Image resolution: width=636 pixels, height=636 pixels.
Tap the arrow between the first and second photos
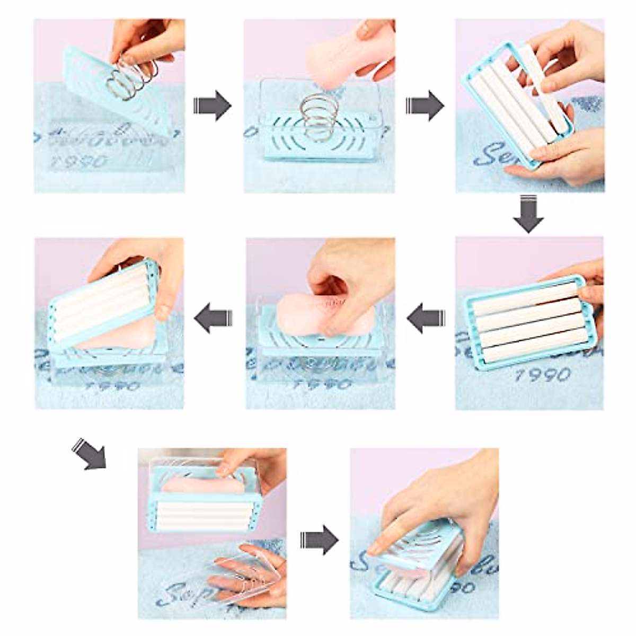click(x=213, y=105)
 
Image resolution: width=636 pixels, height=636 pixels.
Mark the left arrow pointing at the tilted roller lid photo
click(x=213, y=319)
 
